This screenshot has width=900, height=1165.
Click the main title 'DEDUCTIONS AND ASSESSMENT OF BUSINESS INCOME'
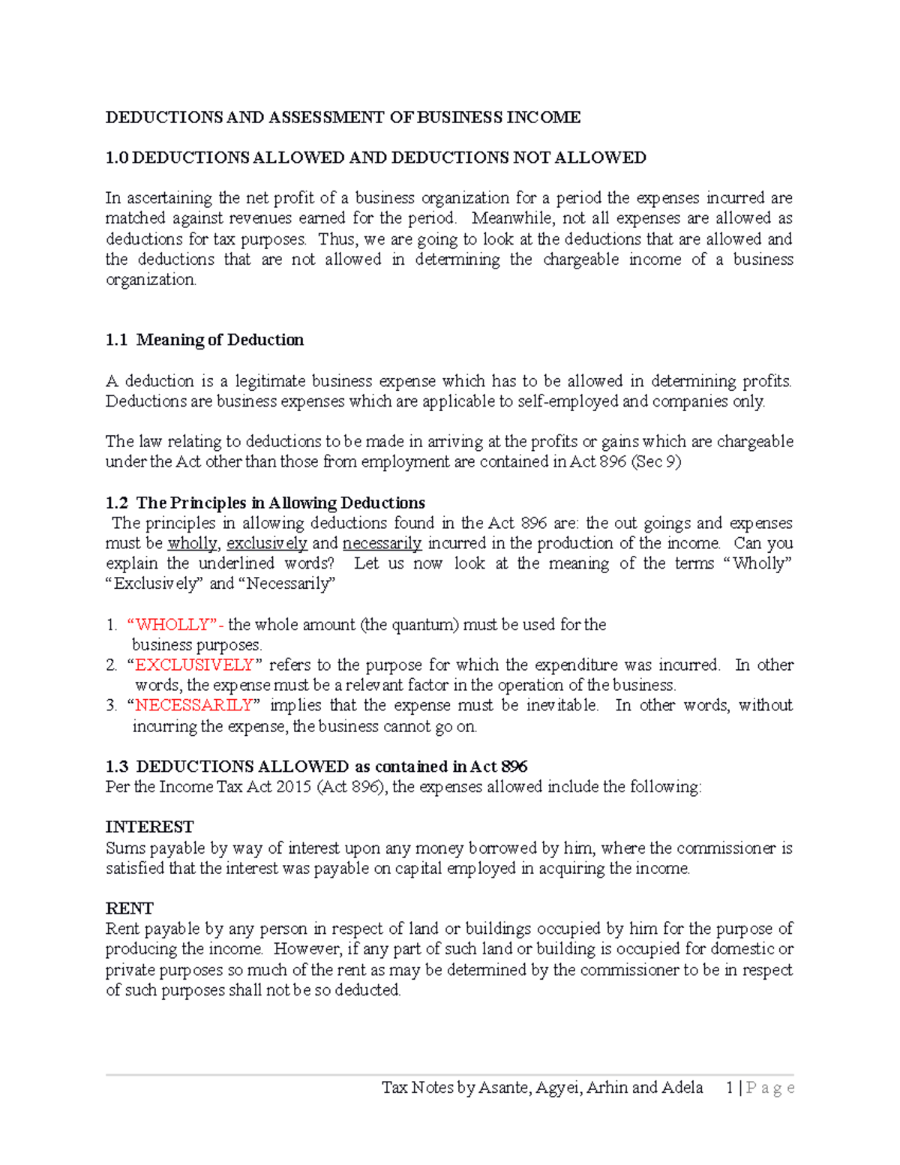click(x=343, y=117)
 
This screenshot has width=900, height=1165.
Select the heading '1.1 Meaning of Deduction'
click(x=205, y=340)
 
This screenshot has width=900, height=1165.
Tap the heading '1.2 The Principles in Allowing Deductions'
click(x=265, y=503)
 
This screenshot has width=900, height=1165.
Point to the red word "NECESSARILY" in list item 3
click(x=193, y=705)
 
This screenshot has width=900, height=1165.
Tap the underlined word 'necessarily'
click(x=382, y=543)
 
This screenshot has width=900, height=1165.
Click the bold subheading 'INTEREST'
click(x=149, y=827)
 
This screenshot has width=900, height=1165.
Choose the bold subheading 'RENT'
click(x=129, y=908)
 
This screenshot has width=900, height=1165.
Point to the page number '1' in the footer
click(x=730, y=1088)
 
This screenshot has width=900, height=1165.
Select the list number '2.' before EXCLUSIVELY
click(x=112, y=665)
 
